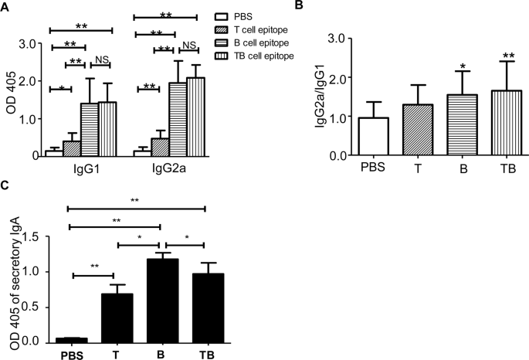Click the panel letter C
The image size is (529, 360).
[x=5, y=187]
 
